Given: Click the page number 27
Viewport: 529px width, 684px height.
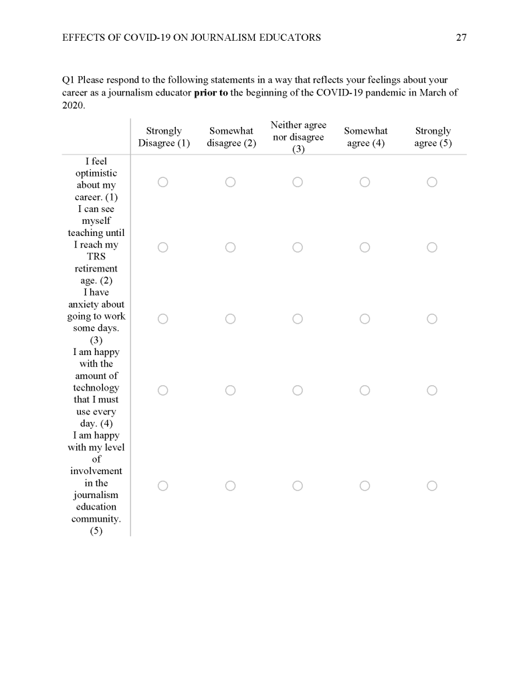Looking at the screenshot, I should coord(461,37).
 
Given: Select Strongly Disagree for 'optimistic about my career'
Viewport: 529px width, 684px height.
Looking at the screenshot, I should coord(163,182).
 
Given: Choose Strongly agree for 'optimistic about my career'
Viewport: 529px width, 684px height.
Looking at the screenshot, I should coord(432,182).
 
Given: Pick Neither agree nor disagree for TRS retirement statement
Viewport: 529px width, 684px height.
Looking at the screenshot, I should coord(298,247).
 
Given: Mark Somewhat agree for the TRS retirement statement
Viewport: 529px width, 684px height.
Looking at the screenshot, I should coord(365,247).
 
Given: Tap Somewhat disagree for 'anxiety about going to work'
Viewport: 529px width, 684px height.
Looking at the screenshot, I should coord(230,319).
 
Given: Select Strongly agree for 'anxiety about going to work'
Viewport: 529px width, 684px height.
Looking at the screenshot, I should coord(432,319).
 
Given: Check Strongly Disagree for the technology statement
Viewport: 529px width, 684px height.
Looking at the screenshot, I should coord(163,390).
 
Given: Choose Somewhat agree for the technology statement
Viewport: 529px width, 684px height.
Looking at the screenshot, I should coord(365,390).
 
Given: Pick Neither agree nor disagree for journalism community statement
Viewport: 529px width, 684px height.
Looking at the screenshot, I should coord(298,485).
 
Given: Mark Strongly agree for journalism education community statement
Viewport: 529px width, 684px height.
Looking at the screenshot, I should coord(432,485).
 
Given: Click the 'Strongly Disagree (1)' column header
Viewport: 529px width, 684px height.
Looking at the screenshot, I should coord(164,137).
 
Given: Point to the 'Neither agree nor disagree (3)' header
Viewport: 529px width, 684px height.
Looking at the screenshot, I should coord(298,137).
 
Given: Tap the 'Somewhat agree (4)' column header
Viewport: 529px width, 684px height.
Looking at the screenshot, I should coord(366,137).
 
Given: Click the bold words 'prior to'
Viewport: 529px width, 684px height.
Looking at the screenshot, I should coord(211,93).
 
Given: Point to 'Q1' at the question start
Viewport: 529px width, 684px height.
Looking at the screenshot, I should coord(68,80).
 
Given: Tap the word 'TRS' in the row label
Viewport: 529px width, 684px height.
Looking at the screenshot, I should coord(96,257).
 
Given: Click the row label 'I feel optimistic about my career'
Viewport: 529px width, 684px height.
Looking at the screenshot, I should coord(96,179).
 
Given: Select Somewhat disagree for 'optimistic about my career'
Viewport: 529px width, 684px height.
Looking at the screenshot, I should coord(230,182).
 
